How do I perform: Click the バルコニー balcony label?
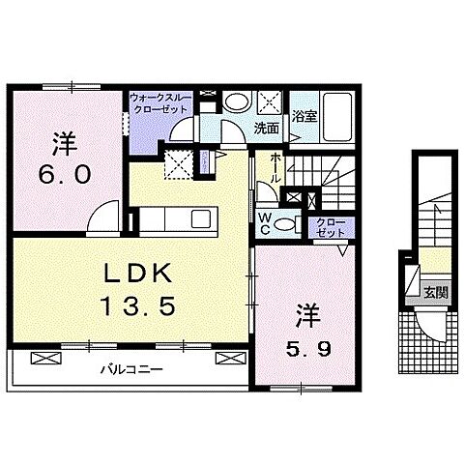pos(130,370)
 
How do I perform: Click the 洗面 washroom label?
pos(267,128)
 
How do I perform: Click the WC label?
pos(264,223)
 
